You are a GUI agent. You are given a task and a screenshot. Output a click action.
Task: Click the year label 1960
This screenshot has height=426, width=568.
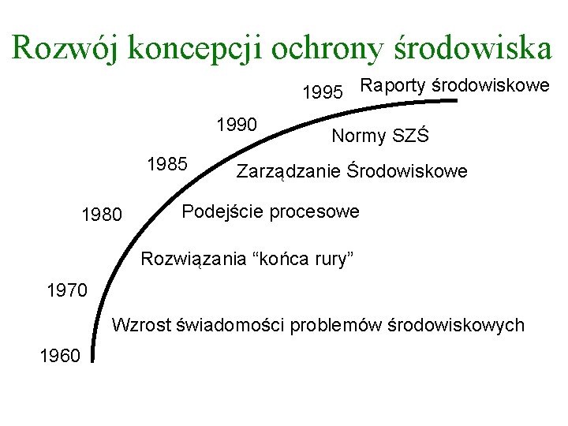click(58, 357)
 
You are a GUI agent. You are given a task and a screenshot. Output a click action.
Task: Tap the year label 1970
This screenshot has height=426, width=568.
click(67, 290)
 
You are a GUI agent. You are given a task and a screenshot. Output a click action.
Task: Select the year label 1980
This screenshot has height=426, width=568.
click(102, 215)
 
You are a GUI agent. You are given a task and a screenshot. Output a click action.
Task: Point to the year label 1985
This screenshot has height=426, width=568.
click(167, 164)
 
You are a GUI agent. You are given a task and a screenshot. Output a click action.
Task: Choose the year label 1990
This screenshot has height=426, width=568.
click(237, 125)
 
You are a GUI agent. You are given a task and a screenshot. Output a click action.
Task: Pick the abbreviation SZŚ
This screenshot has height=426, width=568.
click(411, 136)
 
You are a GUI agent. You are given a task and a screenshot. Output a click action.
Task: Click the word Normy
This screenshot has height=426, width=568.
click(360, 136)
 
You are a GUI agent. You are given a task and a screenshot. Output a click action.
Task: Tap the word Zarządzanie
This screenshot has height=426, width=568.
click(290, 171)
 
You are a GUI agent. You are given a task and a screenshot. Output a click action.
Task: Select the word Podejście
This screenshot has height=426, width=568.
click(218, 212)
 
